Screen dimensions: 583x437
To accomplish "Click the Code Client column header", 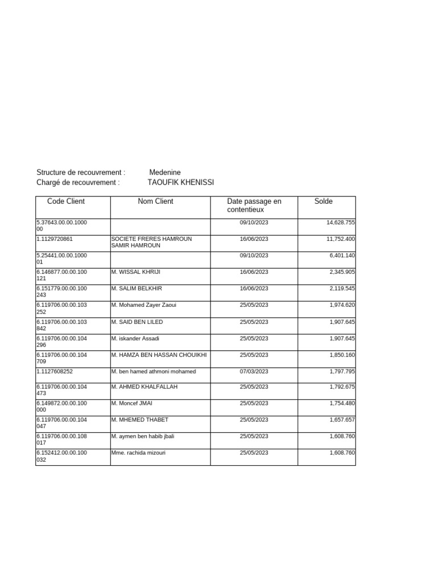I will point(66,202).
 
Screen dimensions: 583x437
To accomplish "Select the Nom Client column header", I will point(155,202).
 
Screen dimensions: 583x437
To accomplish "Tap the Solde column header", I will point(323,202).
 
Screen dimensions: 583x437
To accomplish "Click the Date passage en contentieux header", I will point(254,206).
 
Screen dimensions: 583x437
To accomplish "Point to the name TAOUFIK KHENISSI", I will point(181,183).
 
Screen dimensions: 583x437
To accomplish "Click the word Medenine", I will point(165,173).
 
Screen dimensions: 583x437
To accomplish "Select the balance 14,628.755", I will point(340,223).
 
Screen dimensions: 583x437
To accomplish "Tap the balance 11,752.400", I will point(340,239).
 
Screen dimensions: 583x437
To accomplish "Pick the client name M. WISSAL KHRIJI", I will point(136,272).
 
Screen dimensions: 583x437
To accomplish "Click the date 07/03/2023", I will point(254,372).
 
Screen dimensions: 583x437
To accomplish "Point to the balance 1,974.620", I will point(342,305).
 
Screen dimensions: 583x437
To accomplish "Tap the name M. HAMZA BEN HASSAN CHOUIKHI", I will point(159,355).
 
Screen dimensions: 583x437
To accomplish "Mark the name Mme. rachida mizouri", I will point(139,453).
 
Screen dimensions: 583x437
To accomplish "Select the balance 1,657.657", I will point(342,420).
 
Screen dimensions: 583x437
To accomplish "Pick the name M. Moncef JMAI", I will point(132,404).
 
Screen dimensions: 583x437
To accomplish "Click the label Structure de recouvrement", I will point(81,173).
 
